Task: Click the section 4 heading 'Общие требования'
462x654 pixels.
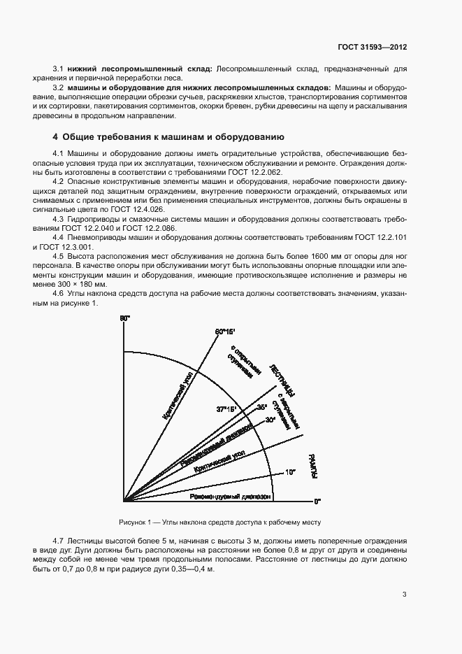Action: click(x=167, y=136)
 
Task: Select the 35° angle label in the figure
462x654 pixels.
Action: click(x=261, y=406)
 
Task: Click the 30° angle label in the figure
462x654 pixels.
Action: click(x=270, y=420)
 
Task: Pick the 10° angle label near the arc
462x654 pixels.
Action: click(x=290, y=472)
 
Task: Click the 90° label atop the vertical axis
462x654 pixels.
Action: click(x=125, y=319)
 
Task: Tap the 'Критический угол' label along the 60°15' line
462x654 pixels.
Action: click(x=178, y=395)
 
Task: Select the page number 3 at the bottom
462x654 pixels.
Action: click(x=405, y=595)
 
